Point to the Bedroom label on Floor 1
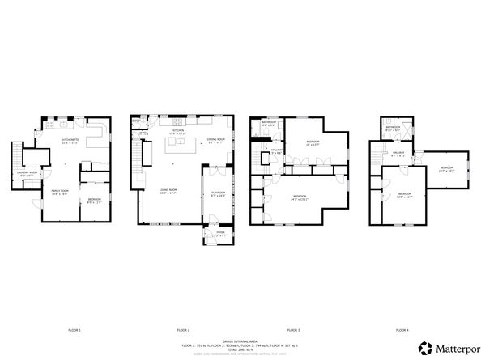(x=95, y=200)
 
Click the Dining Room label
(x=215, y=141)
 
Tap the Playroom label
(x=217, y=194)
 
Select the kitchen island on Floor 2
(x=182, y=146)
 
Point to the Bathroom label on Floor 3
(x=269, y=123)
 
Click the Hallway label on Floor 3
(x=275, y=150)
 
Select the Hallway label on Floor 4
(x=398, y=153)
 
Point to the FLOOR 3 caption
(x=293, y=330)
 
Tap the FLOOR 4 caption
(x=402, y=330)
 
